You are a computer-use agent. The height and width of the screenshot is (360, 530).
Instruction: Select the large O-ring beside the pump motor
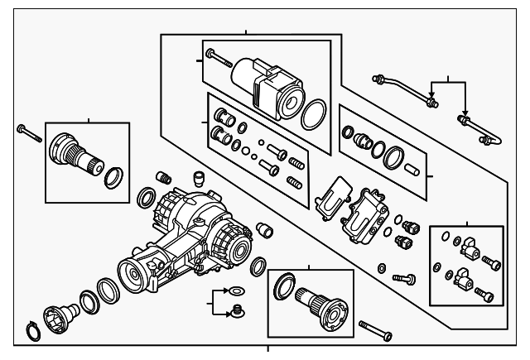311,117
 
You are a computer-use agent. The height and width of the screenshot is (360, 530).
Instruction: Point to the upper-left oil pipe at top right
406,89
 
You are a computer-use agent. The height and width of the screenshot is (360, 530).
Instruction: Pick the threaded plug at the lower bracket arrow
239,313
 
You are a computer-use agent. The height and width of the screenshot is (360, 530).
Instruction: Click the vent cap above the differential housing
198,178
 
